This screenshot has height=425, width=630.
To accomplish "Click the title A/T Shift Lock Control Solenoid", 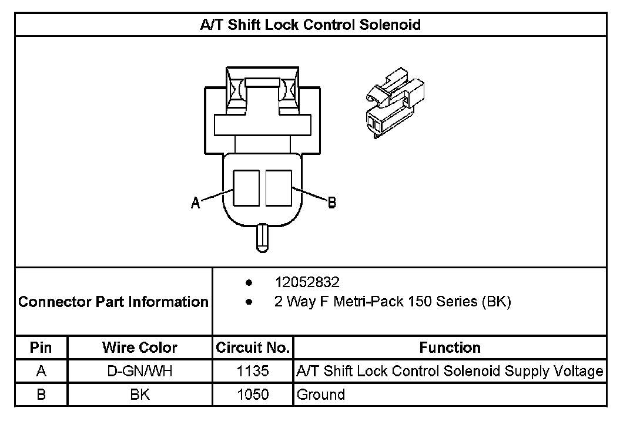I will click(311, 25).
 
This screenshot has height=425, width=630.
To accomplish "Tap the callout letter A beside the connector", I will click(196, 203).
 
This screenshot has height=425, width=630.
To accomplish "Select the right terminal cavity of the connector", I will click(279, 188).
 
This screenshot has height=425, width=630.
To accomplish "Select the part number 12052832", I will click(307, 282).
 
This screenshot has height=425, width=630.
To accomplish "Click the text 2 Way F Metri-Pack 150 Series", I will click(393, 302).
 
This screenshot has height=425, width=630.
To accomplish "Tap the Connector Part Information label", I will click(113, 302).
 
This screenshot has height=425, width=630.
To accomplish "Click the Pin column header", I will click(41, 348).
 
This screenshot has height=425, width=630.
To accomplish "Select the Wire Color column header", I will click(140, 348).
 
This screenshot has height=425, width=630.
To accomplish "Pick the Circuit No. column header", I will click(253, 348).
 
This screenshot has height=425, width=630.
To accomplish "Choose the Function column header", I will click(450, 348).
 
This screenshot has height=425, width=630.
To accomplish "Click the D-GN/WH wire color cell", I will click(140, 371).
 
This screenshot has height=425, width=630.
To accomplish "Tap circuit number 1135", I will click(253, 371).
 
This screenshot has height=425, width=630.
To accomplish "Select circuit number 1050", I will click(253, 394).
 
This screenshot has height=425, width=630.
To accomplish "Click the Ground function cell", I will click(321, 394).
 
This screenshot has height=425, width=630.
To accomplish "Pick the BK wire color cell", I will click(140, 394).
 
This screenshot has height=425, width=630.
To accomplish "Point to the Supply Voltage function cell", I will click(450, 371).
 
